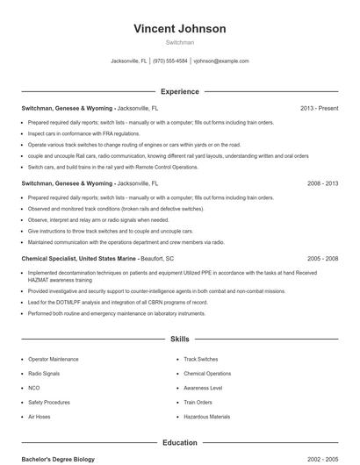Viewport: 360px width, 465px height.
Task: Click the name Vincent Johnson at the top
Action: pyautogui.click(x=179, y=28)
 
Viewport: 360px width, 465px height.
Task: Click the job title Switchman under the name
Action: pyautogui.click(x=179, y=42)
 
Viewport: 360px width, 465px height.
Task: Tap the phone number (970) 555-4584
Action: pyautogui.click(x=170, y=61)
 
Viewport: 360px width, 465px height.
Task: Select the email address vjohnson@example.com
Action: pyautogui.click(x=221, y=61)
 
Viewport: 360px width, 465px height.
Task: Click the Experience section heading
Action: pyautogui.click(x=179, y=91)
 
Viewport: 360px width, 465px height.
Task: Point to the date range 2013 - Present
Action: pyautogui.click(x=319, y=108)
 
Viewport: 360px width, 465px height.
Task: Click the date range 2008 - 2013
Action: pyautogui.click(x=322, y=183)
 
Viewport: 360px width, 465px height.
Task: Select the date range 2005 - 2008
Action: pyautogui.click(x=322, y=259)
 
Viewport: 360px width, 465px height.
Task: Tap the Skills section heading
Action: pyautogui.click(x=179, y=339)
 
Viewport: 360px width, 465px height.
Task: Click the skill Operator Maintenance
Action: pyautogui.click(x=53, y=359)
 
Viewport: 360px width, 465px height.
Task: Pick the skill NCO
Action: pyautogui.click(x=34, y=387)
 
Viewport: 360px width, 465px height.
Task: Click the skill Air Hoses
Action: pyautogui.click(x=40, y=416)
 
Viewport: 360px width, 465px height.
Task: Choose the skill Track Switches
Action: pyautogui.click(x=201, y=359)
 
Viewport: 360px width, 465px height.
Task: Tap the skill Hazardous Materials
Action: pyautogui.click(x=207, y=416)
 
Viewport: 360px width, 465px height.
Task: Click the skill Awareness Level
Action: pyautogui.click(x=203, y=387)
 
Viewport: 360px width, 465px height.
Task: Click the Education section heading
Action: pyautogui.click(x=179, y=442)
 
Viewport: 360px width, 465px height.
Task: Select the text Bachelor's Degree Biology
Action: pyautogui.click(x=58, y=459)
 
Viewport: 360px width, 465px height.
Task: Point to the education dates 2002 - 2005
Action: pyautogui.click(x=322, y=459)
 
